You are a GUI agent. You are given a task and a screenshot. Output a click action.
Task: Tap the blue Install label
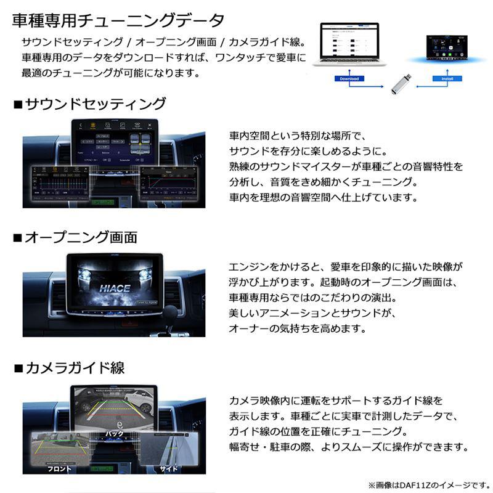point(443,79)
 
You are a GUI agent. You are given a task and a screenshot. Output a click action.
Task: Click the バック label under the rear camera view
point(115,433)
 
